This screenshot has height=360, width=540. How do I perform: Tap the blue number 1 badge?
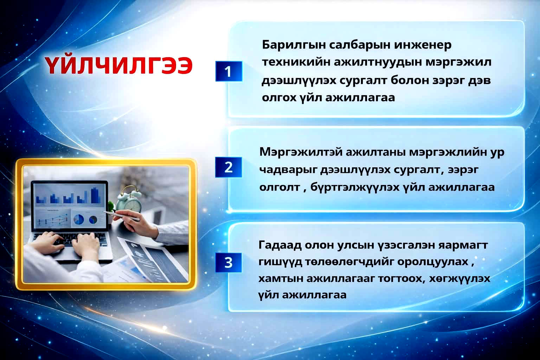(x=229, y=71)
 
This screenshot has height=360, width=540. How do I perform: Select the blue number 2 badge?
(x=229, y=167)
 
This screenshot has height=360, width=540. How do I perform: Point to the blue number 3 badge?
(x=229, y=262)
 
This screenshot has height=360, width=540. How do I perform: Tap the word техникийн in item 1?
(x=296, y=62)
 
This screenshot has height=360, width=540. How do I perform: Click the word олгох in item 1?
(x=279, y=98)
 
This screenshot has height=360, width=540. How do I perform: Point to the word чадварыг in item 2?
(x=288, y=170)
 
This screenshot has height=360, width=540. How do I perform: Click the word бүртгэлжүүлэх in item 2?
(x=355, y=187)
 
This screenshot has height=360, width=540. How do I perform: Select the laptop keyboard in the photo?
(x=70, y=239)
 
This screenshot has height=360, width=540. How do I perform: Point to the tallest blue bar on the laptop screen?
(x=96, y=195)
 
